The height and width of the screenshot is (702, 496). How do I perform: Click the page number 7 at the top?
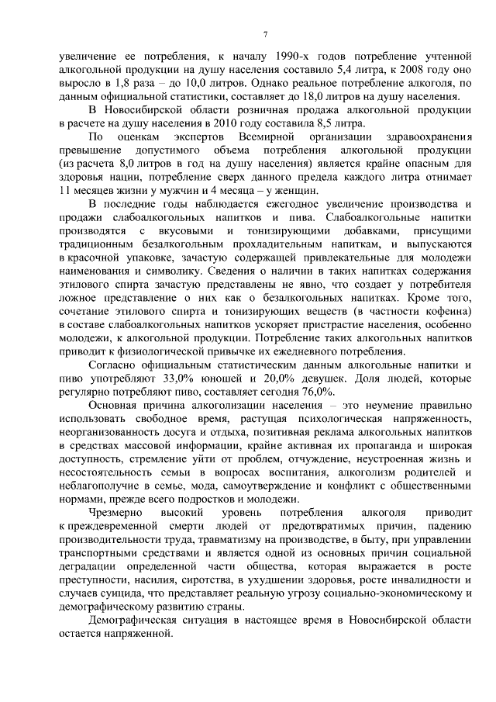265,33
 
